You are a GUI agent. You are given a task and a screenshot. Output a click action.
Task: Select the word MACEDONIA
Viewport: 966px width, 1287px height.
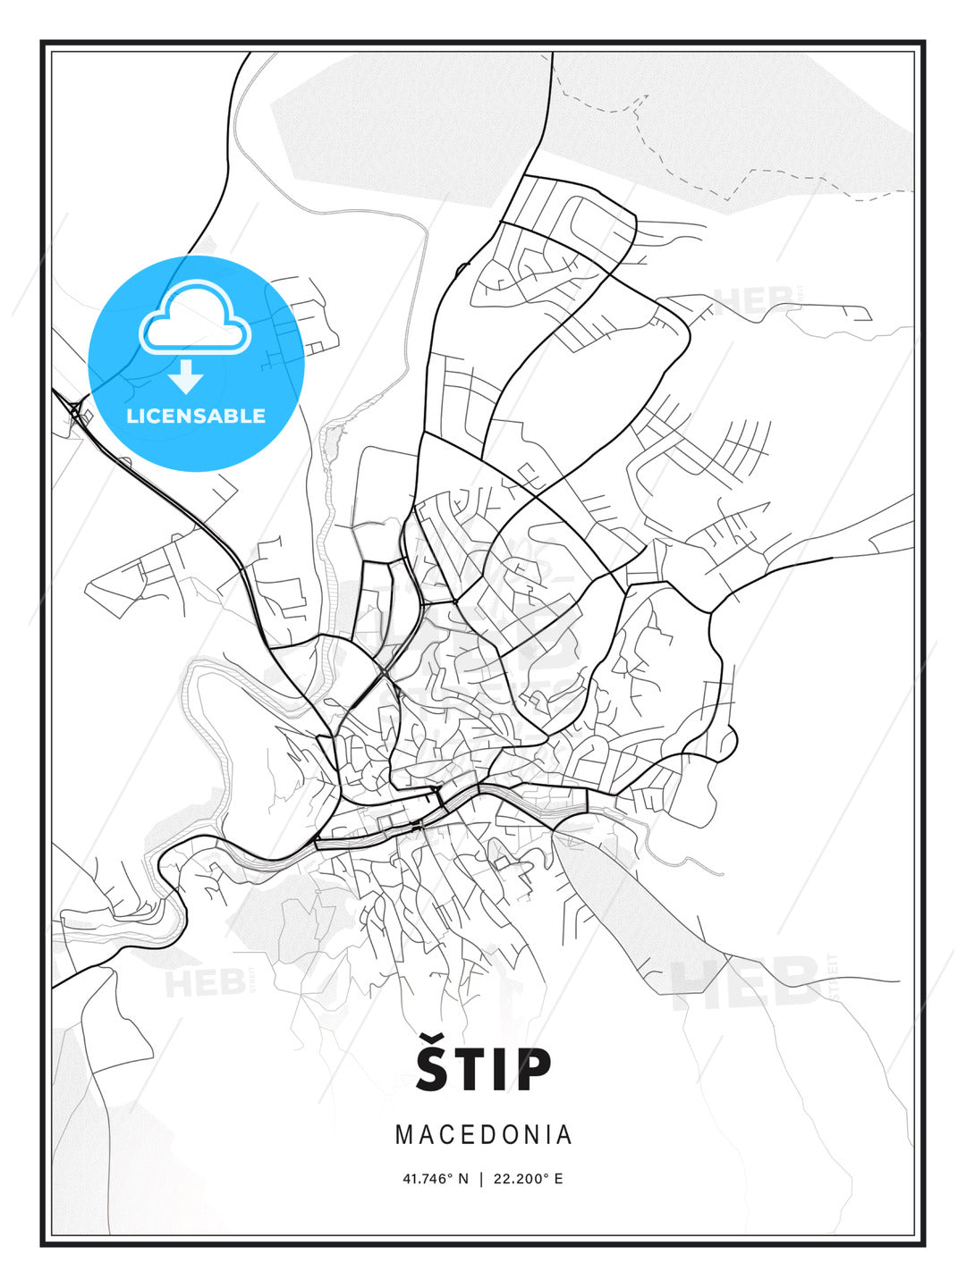tap(483, 1134)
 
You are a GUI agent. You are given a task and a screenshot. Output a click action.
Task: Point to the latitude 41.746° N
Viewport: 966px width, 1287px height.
tap(436, 1179)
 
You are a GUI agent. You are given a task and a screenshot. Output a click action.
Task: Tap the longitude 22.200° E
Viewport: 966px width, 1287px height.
tap(529, 1179)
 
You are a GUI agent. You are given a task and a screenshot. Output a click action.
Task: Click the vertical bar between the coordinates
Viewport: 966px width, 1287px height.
tap(482, 1179)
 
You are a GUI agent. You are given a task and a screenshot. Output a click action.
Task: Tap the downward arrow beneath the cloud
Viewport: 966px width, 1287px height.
tap(186, 376)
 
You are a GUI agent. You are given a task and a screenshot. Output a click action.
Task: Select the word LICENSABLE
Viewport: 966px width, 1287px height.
tap(196, 416)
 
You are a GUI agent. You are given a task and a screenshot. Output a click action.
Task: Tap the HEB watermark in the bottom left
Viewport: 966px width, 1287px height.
tap(203, 983)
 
